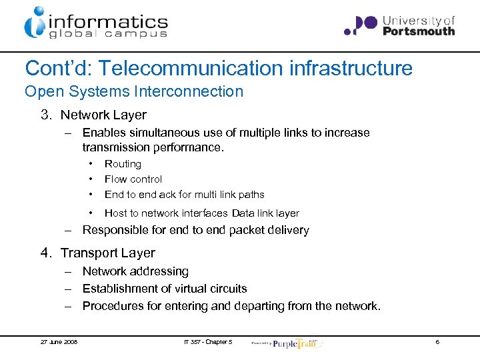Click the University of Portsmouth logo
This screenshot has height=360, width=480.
[x=399, y=25]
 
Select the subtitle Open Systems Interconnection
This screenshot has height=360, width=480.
[x=134, y=91]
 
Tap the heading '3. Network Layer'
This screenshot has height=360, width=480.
[x=93, y=115]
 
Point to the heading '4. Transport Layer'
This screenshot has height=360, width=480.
[x=97, y=253]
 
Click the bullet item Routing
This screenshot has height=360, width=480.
[x=123, y=164]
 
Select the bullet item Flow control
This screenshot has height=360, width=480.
[x=133, y=179]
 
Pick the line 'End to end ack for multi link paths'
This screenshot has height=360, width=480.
[x=184, y=195]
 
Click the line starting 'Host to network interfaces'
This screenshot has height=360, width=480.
[x=201, y=213]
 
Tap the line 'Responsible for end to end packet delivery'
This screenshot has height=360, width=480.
[x=195, y=231]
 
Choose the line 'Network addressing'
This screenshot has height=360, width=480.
[x=135, y=271]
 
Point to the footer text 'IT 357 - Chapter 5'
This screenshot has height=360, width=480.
[x=208, y=342]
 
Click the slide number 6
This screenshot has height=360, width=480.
[x=437, y=342]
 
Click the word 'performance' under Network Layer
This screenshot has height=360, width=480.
[x=189, y=147]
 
